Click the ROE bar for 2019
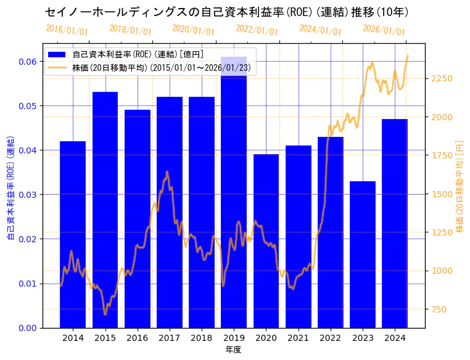click(x=234, y=192)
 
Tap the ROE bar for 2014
click(x=73, y=234)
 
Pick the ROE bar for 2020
click(x=266, y=240)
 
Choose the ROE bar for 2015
click(x=105, y=210)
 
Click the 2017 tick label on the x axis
click(x=169, y=338)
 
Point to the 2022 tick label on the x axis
click(x=330, y=338)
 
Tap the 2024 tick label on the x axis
click(x=395, y=338)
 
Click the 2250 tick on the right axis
click(x=442, y=78)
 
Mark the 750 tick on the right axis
click(x=439, y=309)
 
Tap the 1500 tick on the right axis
click(x=442, y=194)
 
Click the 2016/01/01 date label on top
click(x=67, y=30)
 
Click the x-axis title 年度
click(x=233, y=350)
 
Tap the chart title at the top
click(x=227, y=12)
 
